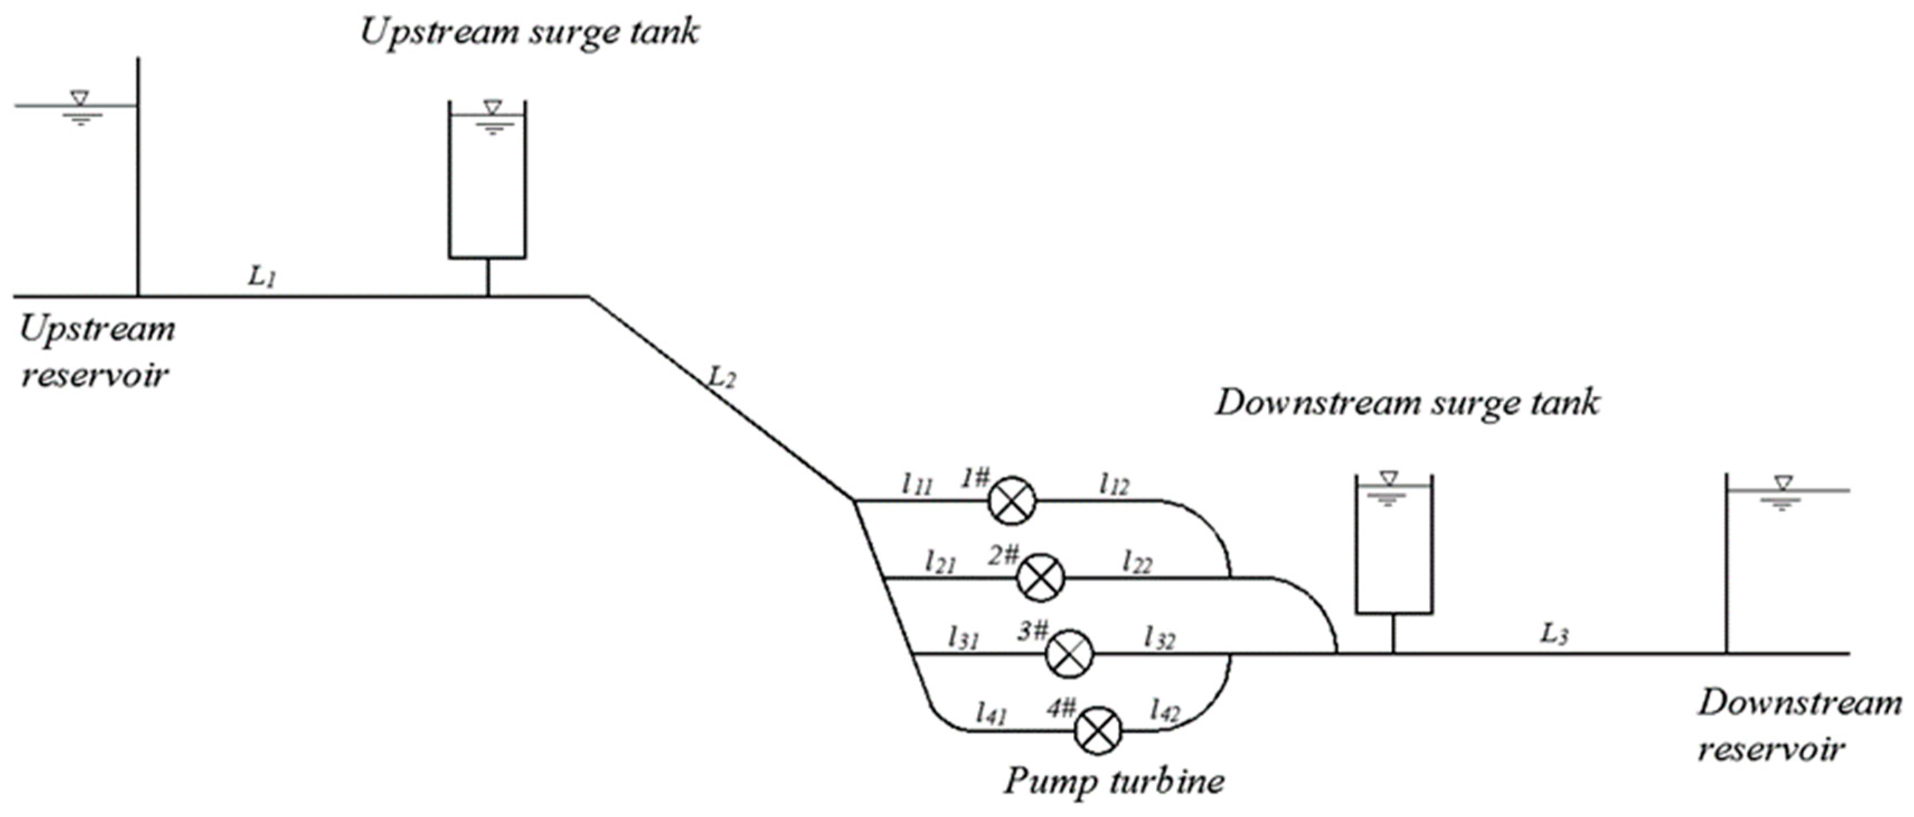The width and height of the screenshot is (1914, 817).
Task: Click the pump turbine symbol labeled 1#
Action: pos(1011,500)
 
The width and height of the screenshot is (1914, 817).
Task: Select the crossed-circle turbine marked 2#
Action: pos(1040,577)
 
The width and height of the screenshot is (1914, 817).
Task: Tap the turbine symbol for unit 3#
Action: pos(1070,654)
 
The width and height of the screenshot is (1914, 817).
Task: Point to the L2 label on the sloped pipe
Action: pos(722,378)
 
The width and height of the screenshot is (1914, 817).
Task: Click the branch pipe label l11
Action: pos(916,485)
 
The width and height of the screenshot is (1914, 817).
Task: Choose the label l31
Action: pos(963,638)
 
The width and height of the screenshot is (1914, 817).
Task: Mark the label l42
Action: pos(1165,711)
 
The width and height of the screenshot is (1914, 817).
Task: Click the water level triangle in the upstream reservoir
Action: pos(79,97)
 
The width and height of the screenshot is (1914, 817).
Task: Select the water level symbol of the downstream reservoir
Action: pos(1783,483)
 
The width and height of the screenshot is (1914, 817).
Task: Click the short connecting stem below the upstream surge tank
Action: pos(488,278)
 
